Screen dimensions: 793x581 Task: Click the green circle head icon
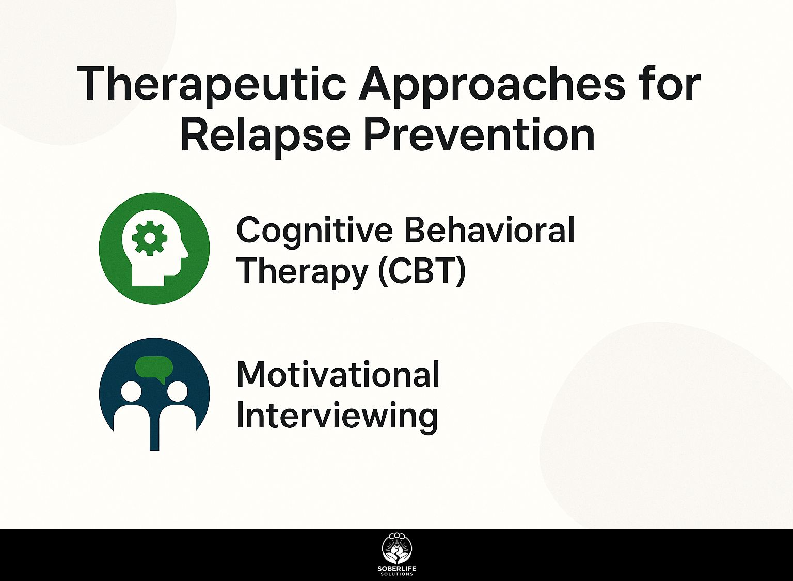point(154,249)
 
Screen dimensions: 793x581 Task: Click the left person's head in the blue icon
point(131,392)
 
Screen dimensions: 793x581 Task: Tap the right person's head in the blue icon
point(177,392)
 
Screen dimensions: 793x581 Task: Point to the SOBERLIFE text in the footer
point(397,569)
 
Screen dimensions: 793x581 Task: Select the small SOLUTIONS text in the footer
point(397,574)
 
